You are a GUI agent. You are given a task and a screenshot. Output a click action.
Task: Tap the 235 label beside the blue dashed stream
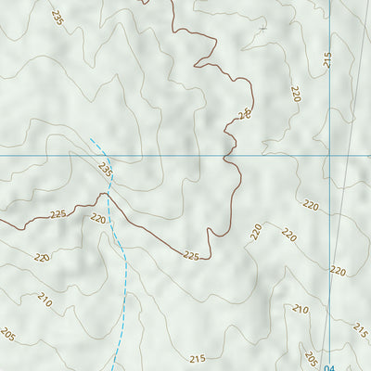(105, 171)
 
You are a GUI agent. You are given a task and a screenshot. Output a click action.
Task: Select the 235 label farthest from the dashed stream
(59, 18)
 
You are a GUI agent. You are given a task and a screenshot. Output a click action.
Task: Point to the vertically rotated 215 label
(327, 59)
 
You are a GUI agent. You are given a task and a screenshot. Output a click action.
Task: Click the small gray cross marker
(262, 29)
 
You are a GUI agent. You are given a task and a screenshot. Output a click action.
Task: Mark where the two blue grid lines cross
(329, 155)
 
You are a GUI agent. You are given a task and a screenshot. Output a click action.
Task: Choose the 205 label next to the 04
(311, 360)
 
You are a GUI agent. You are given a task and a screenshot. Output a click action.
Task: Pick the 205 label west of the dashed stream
(8, 334)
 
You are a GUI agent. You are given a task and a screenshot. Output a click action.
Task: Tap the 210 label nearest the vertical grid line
(300, 309)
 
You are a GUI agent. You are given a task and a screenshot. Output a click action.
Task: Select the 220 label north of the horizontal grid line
(296, 94)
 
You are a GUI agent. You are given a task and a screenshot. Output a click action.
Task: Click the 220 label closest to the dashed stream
(98, 219)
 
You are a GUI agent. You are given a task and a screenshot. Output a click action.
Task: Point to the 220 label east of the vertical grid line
(338, 271)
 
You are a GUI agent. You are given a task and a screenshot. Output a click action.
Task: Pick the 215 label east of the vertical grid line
(360, 329)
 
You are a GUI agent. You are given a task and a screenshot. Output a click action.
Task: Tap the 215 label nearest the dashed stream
(197, 358)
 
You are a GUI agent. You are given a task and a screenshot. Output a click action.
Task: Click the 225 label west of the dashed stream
(58, 214)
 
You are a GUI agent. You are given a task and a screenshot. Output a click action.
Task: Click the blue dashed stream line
(123, 278)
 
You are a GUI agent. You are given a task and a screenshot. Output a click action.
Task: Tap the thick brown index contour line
(148, 232)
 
